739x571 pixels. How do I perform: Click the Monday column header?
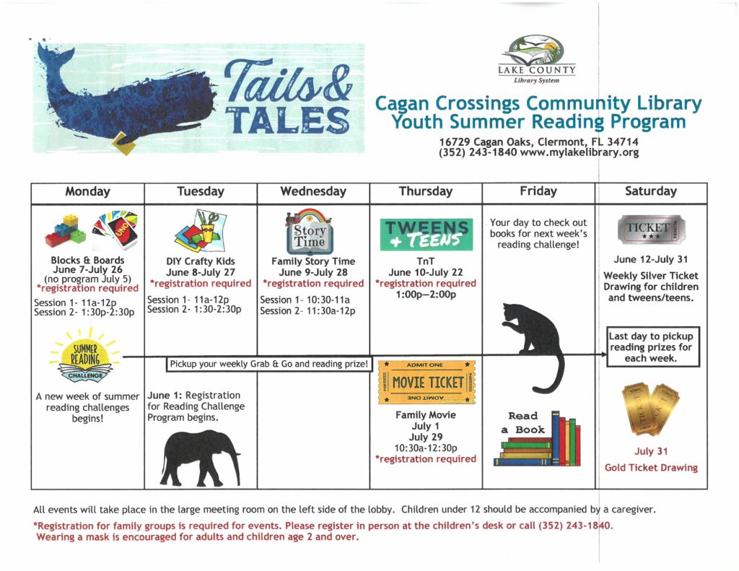(x=87, y=192)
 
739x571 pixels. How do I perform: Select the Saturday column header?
(x=650, y=192)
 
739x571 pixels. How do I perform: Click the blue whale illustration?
(x=123, y=97)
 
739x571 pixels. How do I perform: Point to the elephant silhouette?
(x=200, y=458)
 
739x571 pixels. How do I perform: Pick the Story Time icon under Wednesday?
(x=308, y=229)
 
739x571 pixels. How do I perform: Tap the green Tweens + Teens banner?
(x=426, y=233)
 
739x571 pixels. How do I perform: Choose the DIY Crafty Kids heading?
(x=200, y=261)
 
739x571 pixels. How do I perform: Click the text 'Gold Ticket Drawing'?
(x=650, y=468)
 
